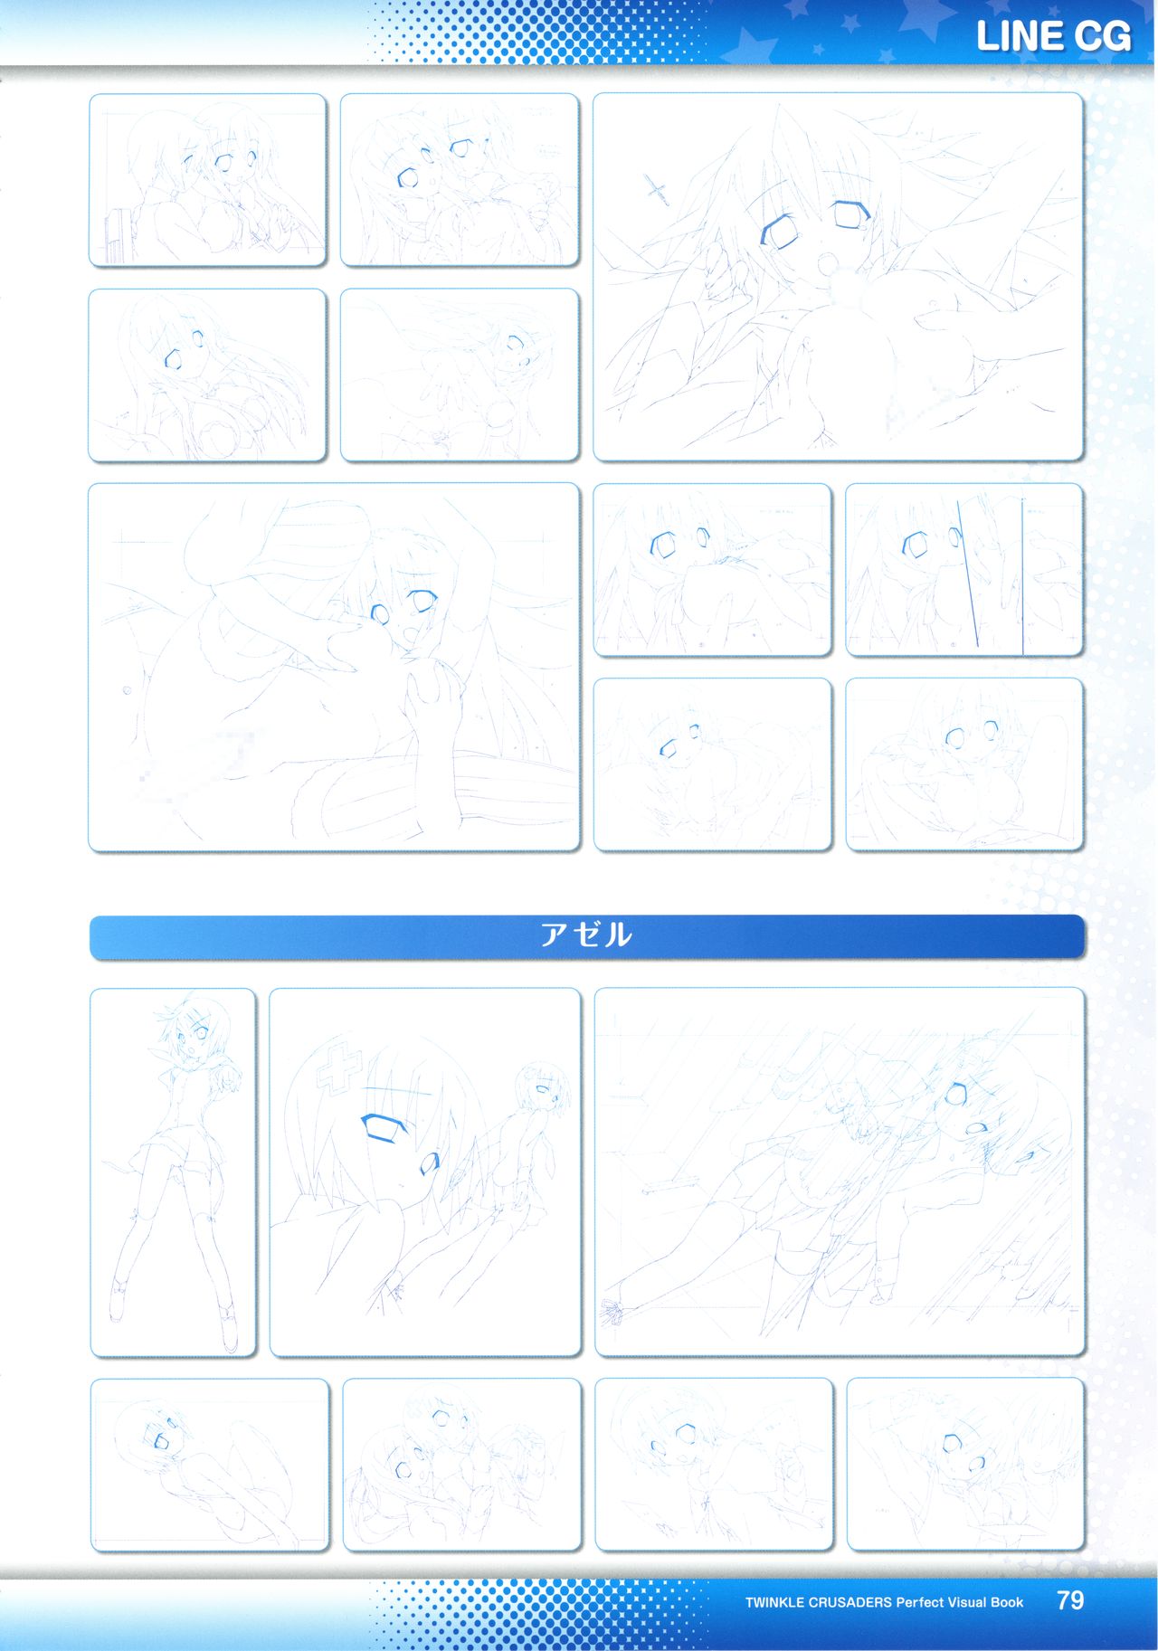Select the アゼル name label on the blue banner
[585, 935]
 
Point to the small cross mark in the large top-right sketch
[657, 189]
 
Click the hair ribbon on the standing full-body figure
[172, 1007]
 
